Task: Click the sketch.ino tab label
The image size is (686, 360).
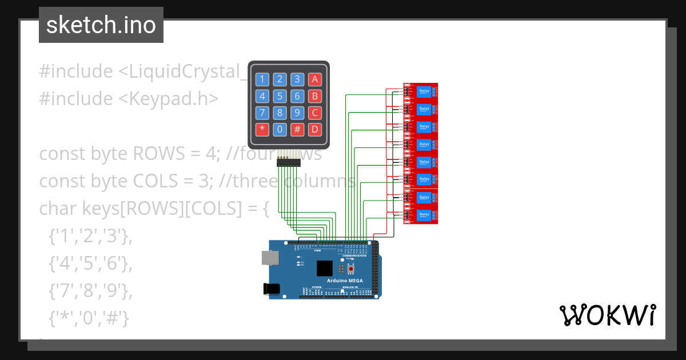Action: click(101, 25)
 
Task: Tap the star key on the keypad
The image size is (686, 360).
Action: click(262, 129)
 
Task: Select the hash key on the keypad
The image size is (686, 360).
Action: click(297, 129)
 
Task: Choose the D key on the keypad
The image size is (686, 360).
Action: click(314, 129)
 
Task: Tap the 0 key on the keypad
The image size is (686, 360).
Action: click(280, 129)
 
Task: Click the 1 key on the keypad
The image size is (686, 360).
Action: click(262, 79)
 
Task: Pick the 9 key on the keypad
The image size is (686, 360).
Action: click(297, 113)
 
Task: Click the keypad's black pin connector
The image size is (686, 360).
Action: click(289, 163)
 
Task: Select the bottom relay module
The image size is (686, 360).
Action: click(421, 215)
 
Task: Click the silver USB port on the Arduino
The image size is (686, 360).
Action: click(269, 259)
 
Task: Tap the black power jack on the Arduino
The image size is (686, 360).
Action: click(272, 289)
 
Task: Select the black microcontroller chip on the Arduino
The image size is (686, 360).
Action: click(325, 268)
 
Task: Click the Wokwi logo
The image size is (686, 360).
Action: click(607, 315)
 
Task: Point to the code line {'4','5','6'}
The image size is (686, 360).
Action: click(90, 263)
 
